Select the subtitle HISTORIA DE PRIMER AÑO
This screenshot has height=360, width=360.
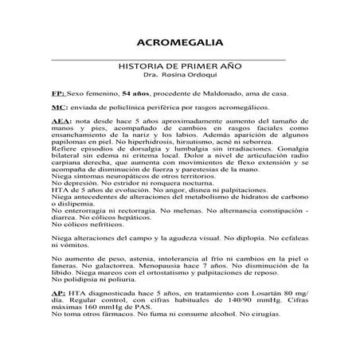click(x=179, y=67)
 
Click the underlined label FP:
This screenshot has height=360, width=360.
click(x=57, y=93)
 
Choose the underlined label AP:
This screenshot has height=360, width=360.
click(x=57, y=295)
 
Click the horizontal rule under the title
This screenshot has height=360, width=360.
click(x=179, y=59)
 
